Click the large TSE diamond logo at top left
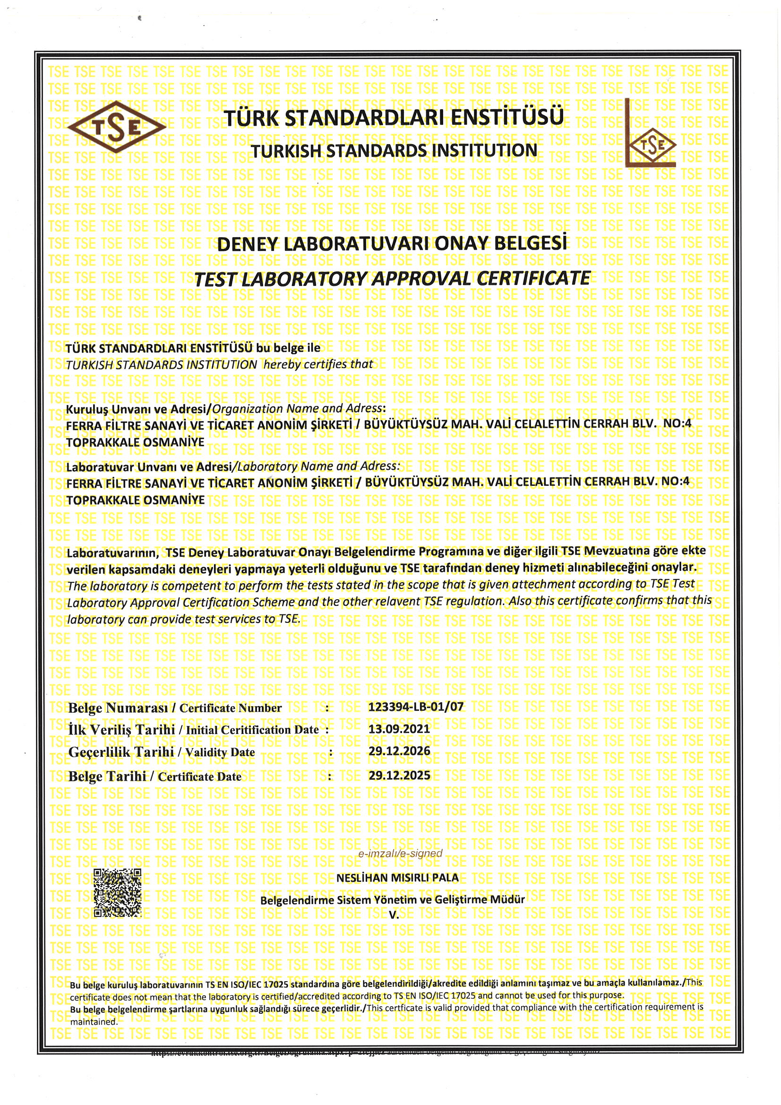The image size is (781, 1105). (117, 126)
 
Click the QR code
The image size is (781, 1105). (118, 892)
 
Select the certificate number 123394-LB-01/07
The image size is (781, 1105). (416, 707)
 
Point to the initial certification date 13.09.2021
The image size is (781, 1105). (399, 729)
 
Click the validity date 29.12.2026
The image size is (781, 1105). (399, 751)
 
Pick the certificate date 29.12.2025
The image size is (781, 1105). (399, 775)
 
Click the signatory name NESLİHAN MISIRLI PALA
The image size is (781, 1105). (397, 878)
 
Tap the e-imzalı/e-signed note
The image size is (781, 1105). (400, 853)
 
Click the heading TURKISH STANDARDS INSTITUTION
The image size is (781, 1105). (394, 151)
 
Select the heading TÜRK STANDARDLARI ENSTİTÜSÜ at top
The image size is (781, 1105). (394, 118)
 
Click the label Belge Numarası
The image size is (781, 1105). (119, 708)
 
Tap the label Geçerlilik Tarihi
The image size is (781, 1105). (121, 752)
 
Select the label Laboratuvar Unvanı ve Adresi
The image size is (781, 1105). (149, 467)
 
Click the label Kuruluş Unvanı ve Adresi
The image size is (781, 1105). (138, 409)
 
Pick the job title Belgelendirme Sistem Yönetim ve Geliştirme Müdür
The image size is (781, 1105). (392, 899)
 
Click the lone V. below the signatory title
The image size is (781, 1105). (394, 915)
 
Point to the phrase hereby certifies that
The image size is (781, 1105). (318, 364)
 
